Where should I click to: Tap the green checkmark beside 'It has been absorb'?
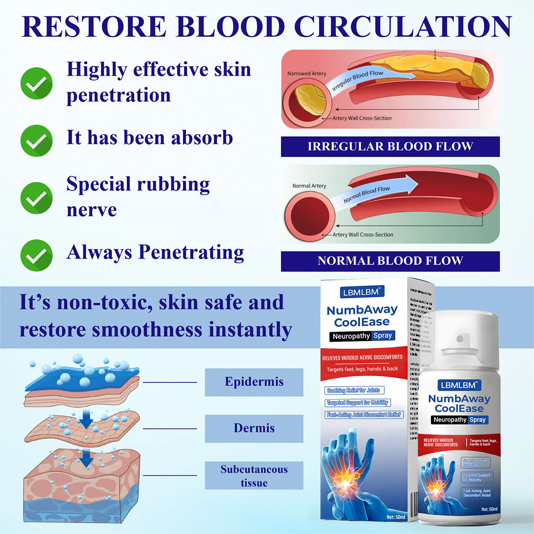(36, 141)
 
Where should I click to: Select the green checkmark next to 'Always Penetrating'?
(36, 255)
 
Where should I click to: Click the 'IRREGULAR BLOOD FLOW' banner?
(390, 147)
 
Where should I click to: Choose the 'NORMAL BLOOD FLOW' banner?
(390, 261)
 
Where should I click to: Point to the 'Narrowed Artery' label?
(307, 74)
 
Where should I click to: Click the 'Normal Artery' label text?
(310, 186)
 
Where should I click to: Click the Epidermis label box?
(254, 382)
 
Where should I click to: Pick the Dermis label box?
(254, 429)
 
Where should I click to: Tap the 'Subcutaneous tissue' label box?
(254, 476)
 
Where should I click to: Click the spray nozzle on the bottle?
(460, 339)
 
